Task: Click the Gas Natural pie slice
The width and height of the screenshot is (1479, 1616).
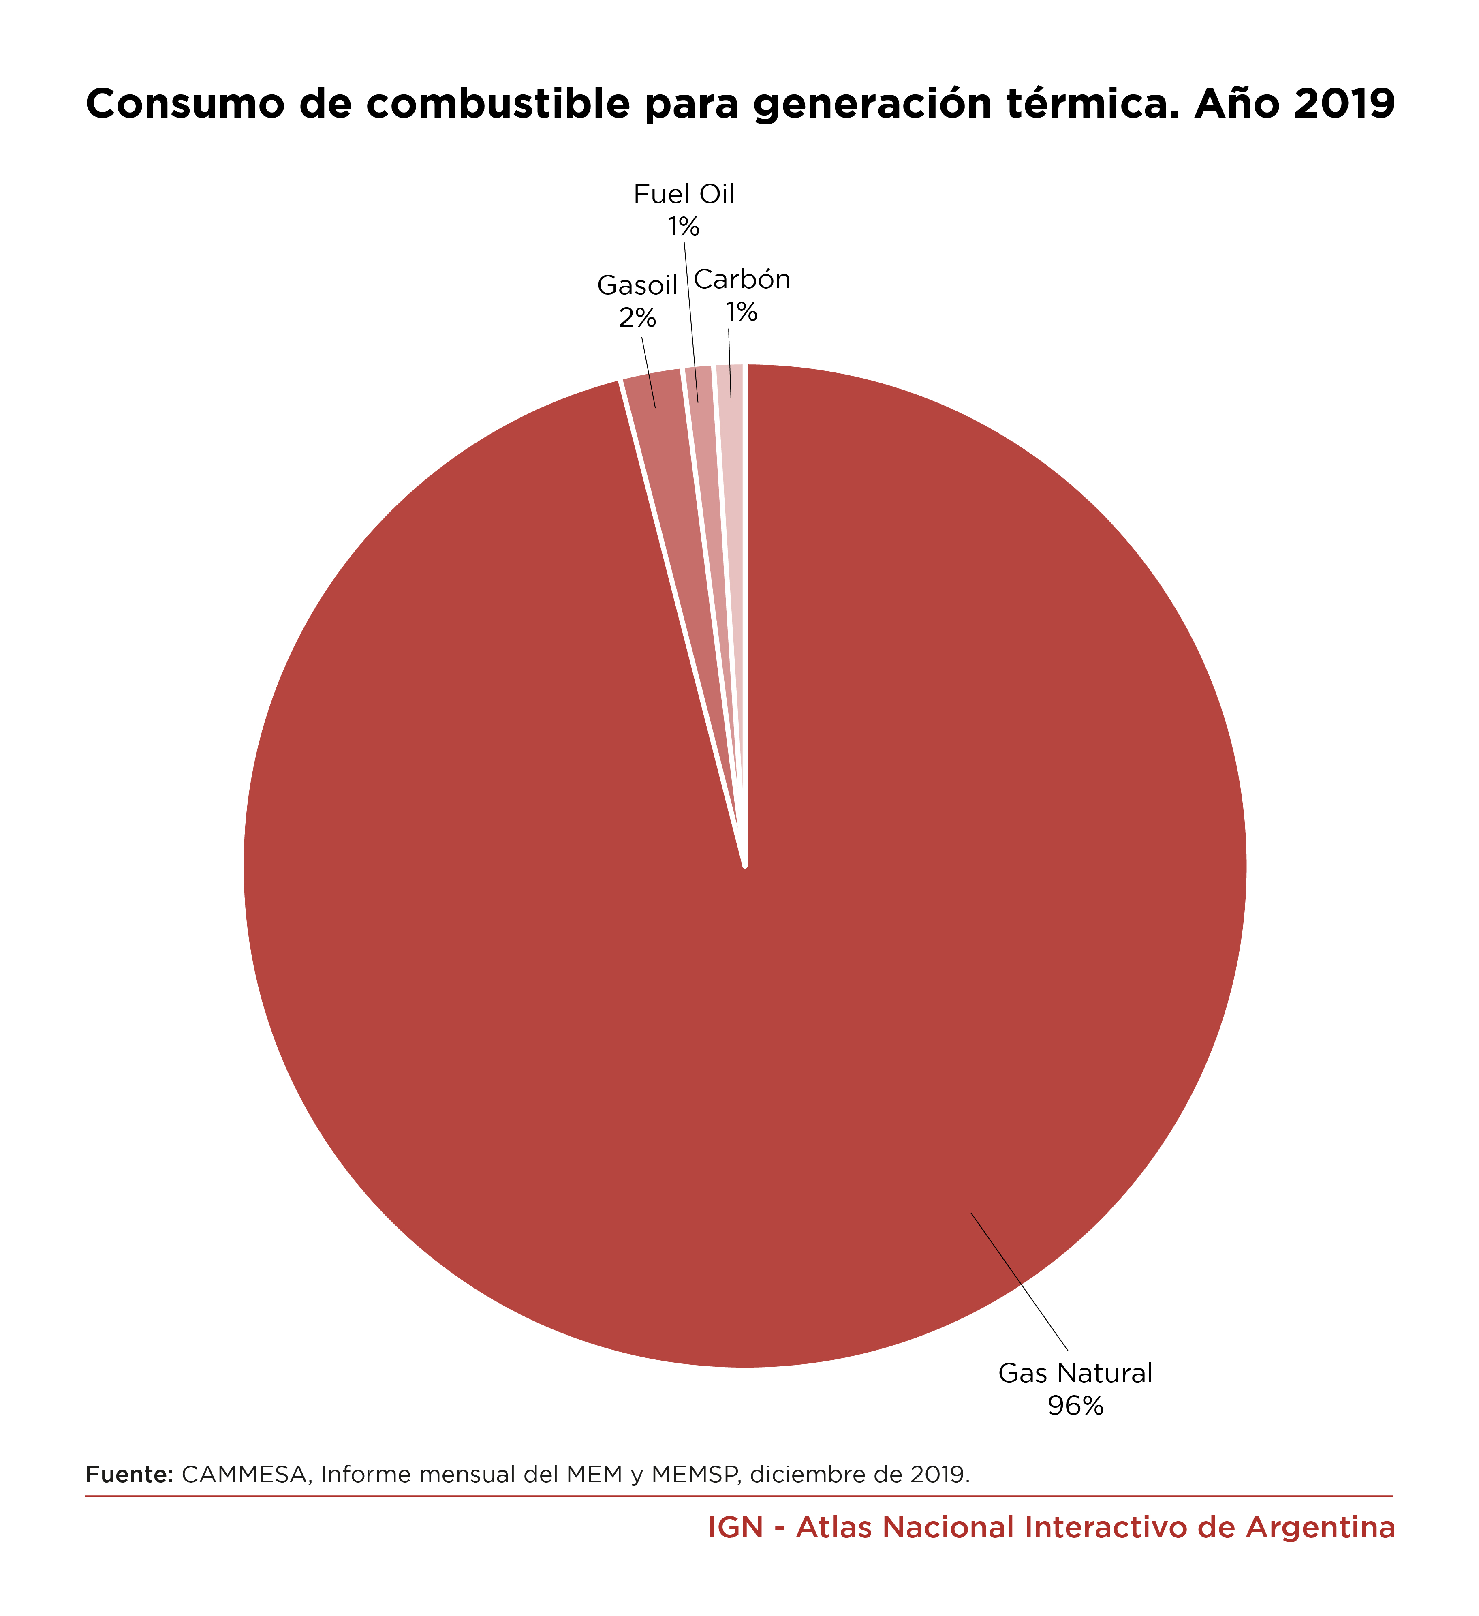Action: pos(801,922)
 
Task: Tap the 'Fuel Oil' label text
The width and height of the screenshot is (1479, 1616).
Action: pos(684,195)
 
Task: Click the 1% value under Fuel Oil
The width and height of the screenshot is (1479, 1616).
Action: pos(684,228)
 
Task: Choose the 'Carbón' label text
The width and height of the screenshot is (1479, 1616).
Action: pos(742,280)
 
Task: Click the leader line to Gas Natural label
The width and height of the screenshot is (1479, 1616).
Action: pos(1019,1282)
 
